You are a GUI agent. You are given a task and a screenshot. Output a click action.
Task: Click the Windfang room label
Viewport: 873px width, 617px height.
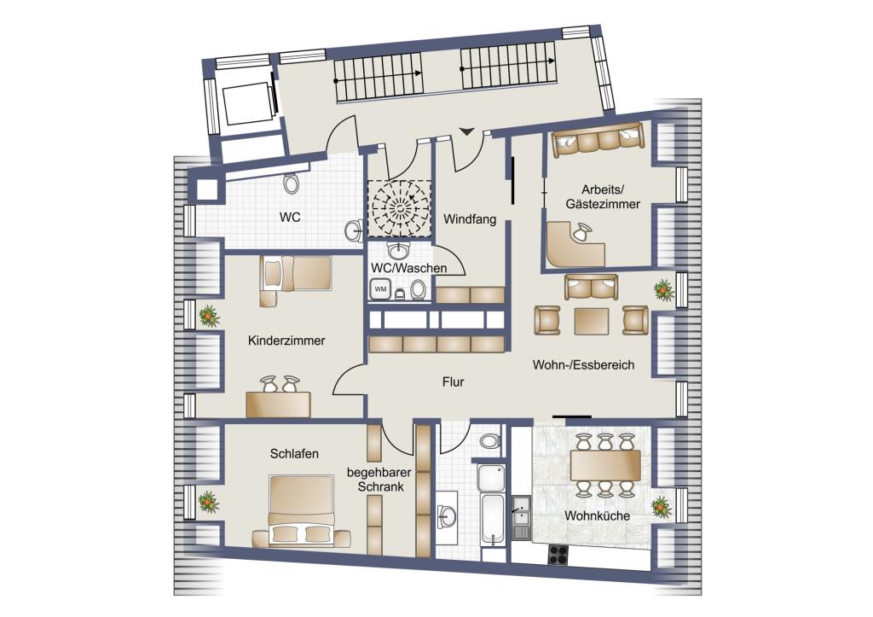[470, 219]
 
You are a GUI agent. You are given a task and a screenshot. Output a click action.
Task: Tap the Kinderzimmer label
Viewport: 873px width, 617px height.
[286, 341]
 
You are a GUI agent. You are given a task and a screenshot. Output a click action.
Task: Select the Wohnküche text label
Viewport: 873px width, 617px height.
[598, 515]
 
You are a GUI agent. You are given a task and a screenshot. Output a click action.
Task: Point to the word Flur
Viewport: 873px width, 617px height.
[454, 381]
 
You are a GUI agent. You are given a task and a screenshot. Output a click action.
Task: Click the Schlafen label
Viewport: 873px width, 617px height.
[294, 454]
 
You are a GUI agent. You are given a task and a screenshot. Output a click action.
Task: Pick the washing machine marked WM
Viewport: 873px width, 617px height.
[380, 289]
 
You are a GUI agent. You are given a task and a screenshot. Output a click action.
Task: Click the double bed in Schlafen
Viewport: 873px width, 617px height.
[301, 510]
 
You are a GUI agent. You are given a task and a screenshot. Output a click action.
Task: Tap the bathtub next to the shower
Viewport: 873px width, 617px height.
[494, 518]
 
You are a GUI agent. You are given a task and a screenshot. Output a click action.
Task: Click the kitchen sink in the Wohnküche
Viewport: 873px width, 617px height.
[521, 518]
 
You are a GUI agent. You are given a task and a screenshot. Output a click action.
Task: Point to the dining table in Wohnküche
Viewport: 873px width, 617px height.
[605, 465]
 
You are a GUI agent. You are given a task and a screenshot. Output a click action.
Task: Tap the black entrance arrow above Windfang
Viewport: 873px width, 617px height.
[466, 131]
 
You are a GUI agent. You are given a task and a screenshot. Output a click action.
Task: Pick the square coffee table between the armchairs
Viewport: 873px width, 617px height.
[592, 321]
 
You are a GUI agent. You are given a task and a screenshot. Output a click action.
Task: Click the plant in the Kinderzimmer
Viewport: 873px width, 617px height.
[208, 316]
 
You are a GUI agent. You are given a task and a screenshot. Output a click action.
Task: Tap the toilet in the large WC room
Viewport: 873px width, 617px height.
[290, 183]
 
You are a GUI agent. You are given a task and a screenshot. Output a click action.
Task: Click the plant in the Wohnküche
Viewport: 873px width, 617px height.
[662, 507]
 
